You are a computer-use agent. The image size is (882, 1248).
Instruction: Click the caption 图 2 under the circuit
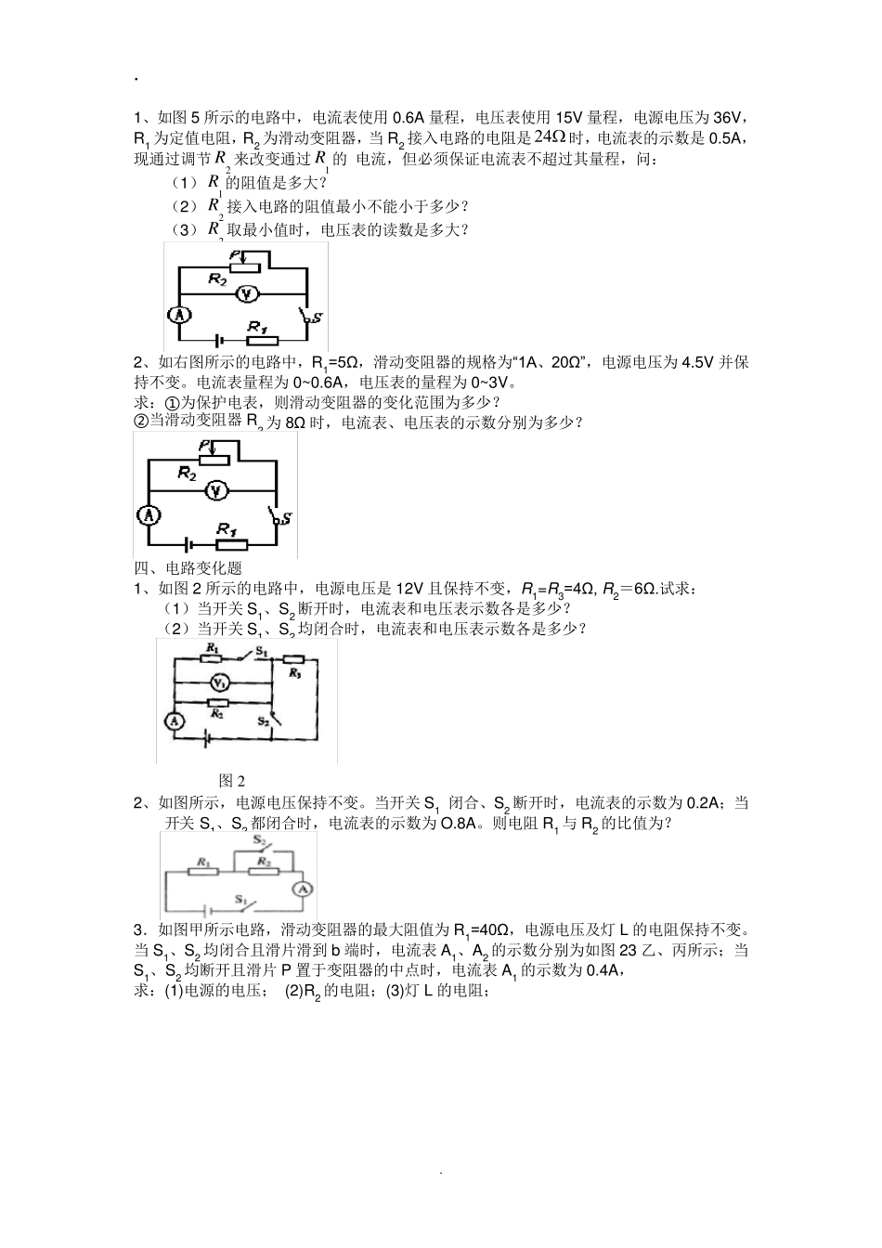click(x=232, y=780)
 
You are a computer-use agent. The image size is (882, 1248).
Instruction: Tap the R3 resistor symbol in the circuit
click(x=295, y=672)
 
